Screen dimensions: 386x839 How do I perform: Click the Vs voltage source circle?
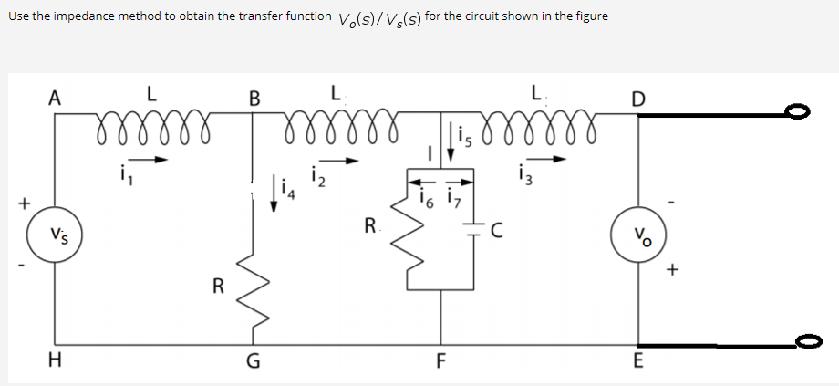pos(56,233)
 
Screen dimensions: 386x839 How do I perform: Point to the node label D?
pos(639,98)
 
